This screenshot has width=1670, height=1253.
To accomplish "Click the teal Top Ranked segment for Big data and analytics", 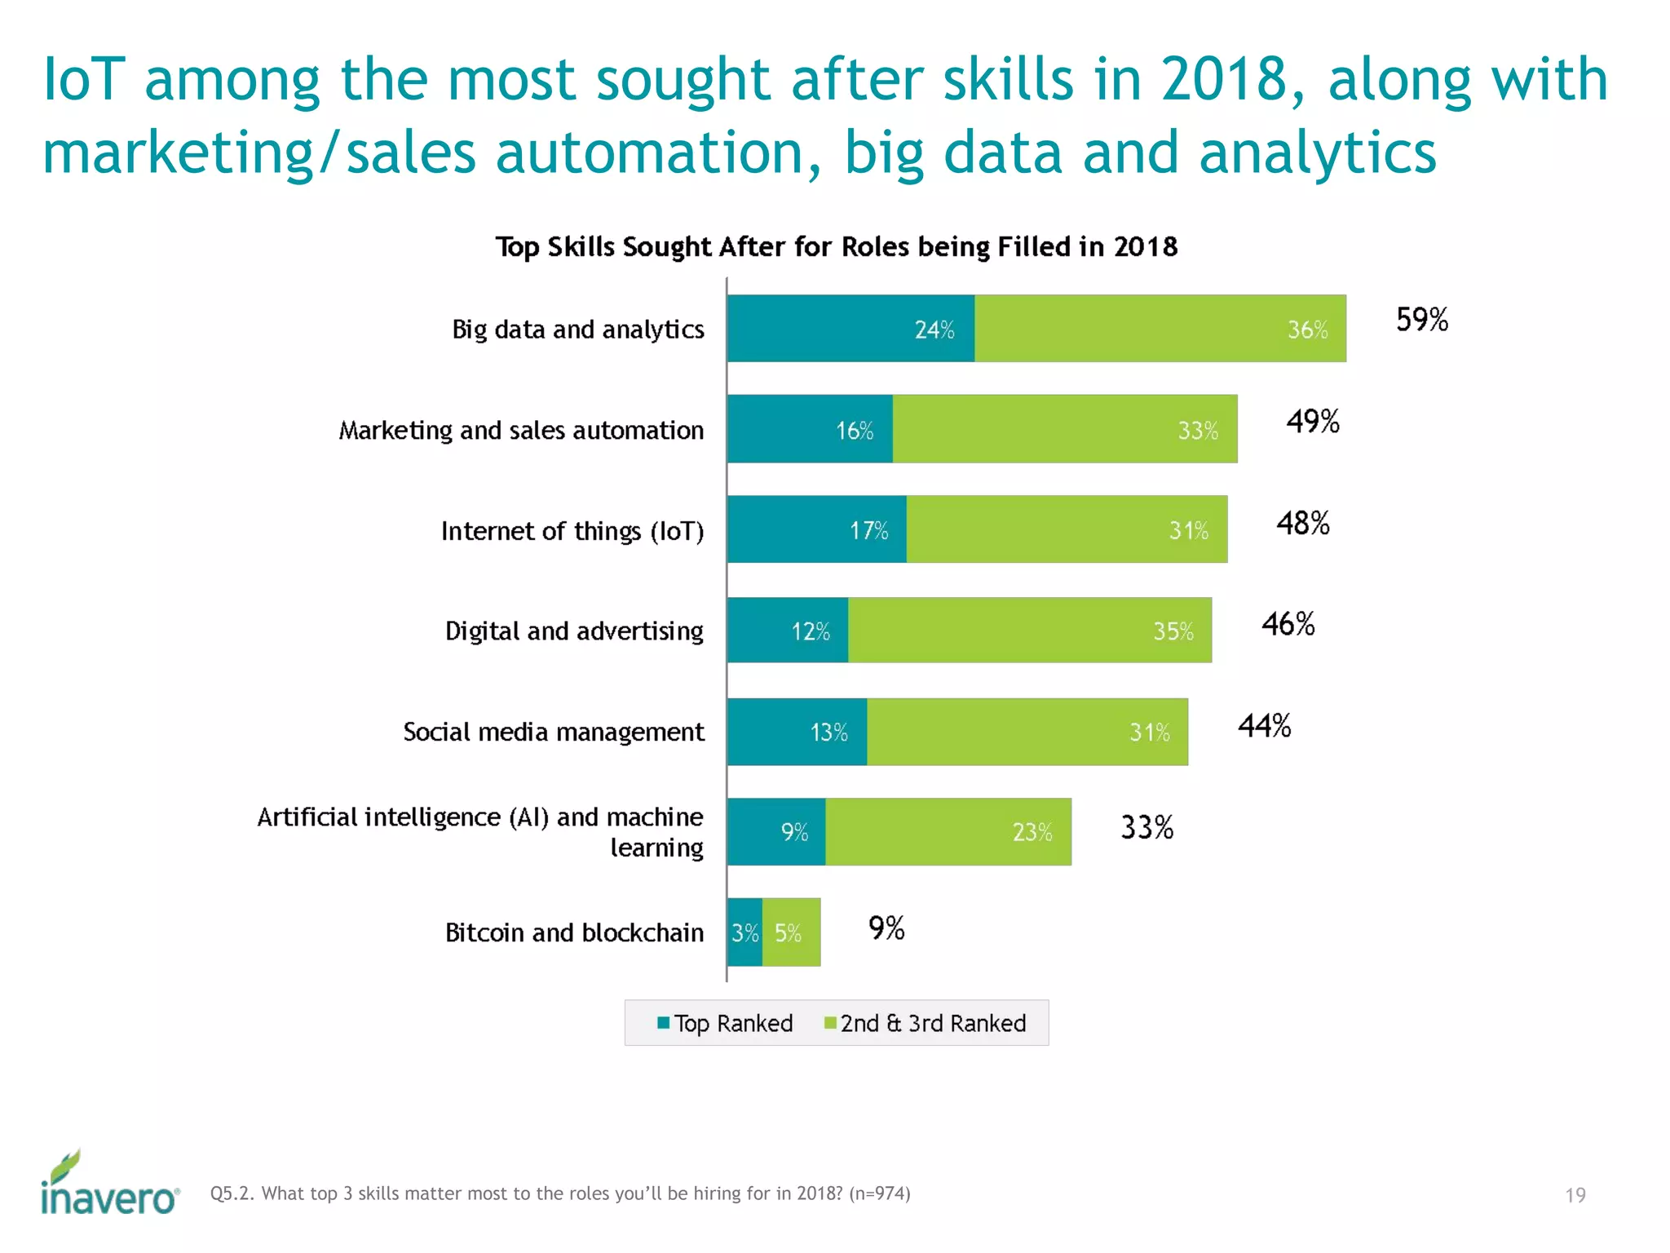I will click(x=850, y=329).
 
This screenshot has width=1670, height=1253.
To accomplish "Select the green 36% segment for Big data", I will click(x=1160, y=329).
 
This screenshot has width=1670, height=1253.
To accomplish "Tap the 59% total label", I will click(x=1421, y=320).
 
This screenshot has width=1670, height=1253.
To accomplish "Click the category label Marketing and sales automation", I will click(x=521, y=431).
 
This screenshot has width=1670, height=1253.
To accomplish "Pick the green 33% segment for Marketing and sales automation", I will click(x=1064, y=429).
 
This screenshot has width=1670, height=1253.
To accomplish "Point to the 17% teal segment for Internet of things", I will click(x=816, y=529).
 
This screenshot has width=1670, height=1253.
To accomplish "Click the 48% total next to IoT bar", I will click(x=1302, y=524).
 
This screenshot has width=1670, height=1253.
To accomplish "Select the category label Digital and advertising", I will click(x=574, y=631).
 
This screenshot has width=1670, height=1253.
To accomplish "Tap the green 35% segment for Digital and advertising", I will click(x=1029, y=631).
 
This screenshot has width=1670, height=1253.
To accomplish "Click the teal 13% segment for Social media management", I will click(x=797, y=732).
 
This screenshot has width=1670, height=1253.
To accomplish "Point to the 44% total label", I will click(x=1264, y=726).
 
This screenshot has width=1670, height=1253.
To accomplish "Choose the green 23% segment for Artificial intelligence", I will click(x=948, y=832).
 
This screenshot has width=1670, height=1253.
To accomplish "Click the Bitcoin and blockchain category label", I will click(x=574, y=932).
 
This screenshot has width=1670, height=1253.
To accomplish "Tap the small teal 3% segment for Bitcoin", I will click(x=744, y=932).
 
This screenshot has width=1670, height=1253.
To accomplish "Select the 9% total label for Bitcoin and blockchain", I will click(x=886, y=928).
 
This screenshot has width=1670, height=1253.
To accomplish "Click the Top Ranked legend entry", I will click(x=725, y=1023).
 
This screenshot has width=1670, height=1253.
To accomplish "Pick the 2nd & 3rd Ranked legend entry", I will click(x=925, y=1023).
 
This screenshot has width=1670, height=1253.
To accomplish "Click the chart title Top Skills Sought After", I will click(x=836, y=246).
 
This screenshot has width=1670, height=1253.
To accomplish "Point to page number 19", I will click(x=1575, y=1196).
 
